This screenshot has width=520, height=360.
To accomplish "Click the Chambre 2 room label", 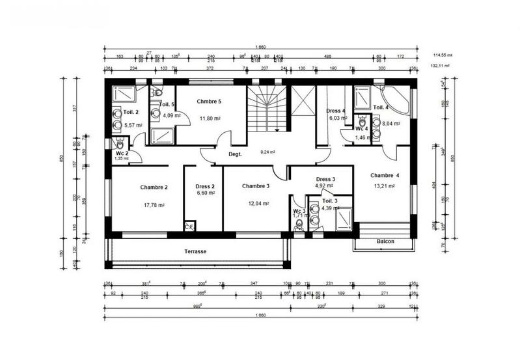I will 154,187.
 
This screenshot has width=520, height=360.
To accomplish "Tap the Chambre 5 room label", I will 210,102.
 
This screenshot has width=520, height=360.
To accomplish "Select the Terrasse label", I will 195,251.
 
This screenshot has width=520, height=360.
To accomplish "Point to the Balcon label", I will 386,242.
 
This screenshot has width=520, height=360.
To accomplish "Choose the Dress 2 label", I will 205,187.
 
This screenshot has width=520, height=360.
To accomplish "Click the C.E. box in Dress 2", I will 189,227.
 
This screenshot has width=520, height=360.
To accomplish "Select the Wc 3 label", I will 299,211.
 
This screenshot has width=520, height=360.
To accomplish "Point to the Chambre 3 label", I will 256,187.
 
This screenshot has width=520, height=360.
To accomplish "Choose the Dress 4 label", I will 336,111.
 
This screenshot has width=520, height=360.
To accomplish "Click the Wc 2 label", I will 122,152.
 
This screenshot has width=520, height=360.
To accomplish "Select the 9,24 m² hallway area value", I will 268,152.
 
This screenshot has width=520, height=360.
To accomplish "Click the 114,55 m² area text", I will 443,55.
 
